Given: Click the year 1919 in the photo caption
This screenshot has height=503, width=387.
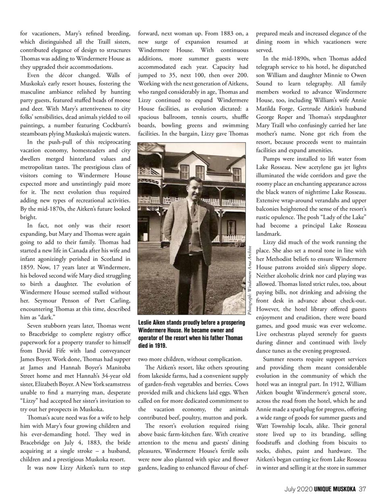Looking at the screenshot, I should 160,346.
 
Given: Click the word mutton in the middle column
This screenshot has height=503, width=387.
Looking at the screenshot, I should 217,417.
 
